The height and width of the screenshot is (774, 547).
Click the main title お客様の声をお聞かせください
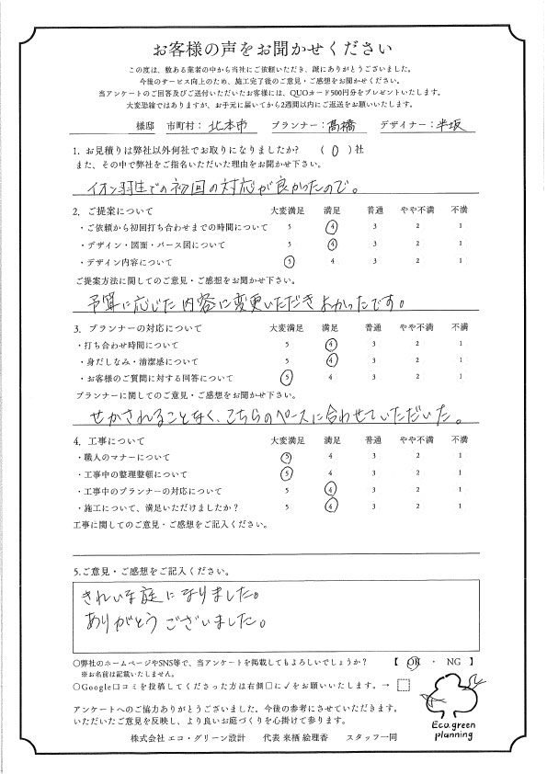coord(273,48)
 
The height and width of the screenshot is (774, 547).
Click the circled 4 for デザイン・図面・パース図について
coord(332,245)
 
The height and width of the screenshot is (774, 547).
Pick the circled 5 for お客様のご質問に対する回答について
coord(288,377)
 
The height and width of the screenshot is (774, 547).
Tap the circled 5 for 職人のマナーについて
coord(288,457)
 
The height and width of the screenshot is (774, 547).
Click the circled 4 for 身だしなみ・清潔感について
coord(332,360)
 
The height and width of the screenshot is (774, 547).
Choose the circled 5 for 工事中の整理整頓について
coord(288,473)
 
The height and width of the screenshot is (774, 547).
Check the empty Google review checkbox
coord(403,685)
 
